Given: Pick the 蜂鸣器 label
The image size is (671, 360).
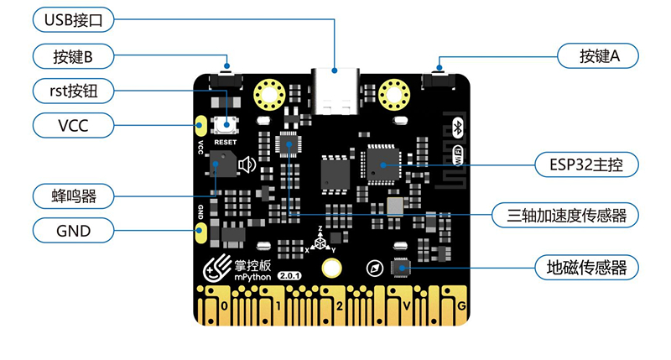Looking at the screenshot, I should (x=75, y=197).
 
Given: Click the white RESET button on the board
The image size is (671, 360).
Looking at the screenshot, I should (x=226, y=125).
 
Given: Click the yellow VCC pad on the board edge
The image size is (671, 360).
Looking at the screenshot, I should (x=201, y=126).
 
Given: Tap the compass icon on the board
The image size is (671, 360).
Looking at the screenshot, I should (x=375, y=269).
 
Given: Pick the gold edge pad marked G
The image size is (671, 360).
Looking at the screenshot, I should (x=458, y=305).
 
